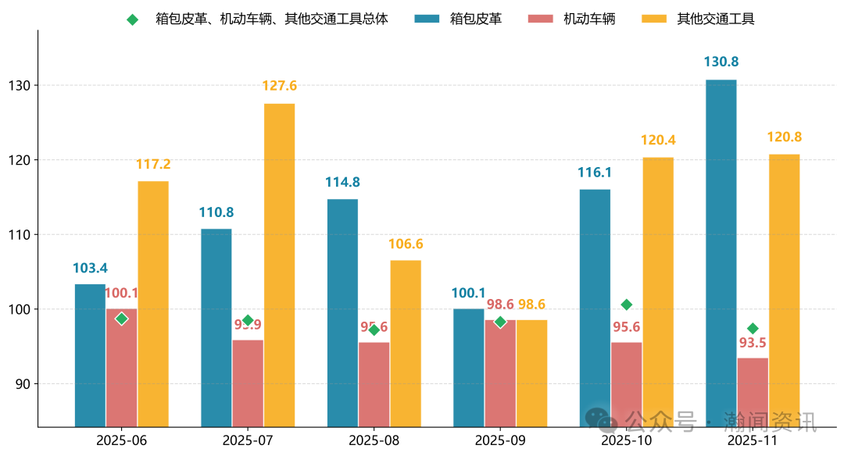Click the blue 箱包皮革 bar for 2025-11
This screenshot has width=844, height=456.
coord(721,253)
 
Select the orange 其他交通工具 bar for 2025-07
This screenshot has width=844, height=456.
coord(279,265)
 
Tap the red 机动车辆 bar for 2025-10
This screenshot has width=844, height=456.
coord(626,384)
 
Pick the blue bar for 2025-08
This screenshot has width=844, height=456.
coord(342,312)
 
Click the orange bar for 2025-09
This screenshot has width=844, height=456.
coord(531,372)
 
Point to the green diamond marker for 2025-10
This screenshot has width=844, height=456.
coord(626,305)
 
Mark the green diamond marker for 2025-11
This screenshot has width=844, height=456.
coord(753,329)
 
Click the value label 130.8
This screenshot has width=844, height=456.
coord(721,62)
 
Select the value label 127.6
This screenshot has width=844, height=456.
coord(279,86)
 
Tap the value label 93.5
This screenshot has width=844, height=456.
coord(753,342)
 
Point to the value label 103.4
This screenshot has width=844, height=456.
coord(90,268)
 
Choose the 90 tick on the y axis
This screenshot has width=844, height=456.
coord(23,384)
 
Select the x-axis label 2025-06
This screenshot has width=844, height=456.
coord(121,440)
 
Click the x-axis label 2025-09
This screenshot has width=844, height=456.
coord(500,440)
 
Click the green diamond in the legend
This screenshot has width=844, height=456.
coord(132,19)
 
